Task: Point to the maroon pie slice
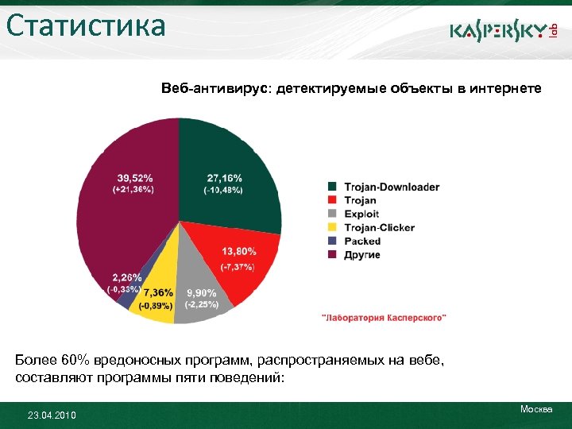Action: click(x=127, y=222)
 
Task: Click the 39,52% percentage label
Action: click(x=135, y=177)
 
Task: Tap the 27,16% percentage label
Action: click(x=225, y=177)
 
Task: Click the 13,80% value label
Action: click(x=238, y=251)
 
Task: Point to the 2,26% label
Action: click(x=127, y=277)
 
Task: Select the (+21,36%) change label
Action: click(x=134, y=190)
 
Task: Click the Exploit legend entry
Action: click(x=361, y=214)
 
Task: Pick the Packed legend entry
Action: click(x=362, y=241)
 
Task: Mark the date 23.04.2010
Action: click(x=52, y=415)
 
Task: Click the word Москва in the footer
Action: click(x=536, y=408)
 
